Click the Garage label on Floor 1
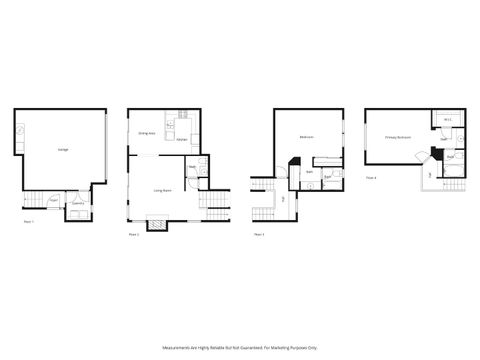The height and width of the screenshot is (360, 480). coord(62,149)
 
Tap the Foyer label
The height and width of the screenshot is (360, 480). coord(54,199)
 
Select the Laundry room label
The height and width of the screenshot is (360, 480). coord(77,203)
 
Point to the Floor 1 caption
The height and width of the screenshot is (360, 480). coord(28,221)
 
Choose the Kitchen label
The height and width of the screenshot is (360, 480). coord(182,140)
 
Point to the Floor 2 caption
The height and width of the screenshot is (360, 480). coord(134,234)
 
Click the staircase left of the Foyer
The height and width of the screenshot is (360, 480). coord(33,199)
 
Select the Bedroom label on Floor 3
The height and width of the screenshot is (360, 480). coord(306,137)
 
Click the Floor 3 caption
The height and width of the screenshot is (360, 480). coord(258,234)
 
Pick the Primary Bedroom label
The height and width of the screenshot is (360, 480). coord(397,137)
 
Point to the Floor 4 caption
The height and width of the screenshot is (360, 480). coord(370,177)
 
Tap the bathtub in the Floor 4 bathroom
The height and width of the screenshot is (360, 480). coord(456,171)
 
